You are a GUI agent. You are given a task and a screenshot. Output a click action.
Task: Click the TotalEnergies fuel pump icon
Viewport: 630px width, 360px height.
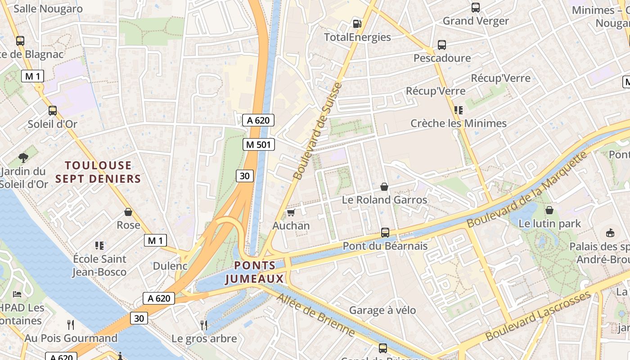[357, 23]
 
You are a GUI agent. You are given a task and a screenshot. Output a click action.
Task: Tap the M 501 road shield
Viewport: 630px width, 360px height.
[258, 144]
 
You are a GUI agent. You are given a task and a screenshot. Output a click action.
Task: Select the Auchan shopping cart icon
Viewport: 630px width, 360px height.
[291, 212]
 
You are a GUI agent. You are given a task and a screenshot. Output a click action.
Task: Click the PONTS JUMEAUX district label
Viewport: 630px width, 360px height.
[255, 272]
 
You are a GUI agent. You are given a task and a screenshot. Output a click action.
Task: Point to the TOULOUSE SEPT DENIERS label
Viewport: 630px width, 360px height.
[98, 172]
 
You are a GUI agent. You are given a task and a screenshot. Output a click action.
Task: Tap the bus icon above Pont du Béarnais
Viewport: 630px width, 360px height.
[385, 232]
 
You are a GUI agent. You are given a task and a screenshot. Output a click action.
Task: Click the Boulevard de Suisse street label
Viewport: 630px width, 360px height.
[317, 131]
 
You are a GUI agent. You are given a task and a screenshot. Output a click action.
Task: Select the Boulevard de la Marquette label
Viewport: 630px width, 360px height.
[527, 189]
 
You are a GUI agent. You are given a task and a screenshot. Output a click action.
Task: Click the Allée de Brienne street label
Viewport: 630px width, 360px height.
[315, 315]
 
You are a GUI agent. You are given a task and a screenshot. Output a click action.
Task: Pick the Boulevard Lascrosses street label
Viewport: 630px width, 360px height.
[538, 316]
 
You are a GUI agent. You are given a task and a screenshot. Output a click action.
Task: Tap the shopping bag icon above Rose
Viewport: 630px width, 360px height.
[128, 211]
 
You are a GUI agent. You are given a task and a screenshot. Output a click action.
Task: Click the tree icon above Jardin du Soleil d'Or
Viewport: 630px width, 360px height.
[23, 157]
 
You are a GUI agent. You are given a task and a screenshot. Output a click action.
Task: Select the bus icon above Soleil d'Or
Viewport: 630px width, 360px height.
[53, 110]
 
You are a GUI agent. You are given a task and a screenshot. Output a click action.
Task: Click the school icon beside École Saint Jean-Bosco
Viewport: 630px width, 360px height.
[99, 246]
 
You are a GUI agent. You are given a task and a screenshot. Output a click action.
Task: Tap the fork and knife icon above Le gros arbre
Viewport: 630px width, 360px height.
[204, 324]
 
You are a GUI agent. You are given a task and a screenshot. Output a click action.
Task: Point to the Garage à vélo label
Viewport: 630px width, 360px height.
[382, 310]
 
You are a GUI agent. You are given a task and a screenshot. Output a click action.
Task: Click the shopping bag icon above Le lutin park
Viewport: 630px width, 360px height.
[549, 210]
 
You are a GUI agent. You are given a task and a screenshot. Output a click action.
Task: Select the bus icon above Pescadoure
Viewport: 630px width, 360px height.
[442, 45]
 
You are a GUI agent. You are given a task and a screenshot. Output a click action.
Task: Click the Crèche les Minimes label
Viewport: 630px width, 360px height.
[459, 123]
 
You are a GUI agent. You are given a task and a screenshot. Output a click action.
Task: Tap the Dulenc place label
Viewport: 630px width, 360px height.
[170, 266]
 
